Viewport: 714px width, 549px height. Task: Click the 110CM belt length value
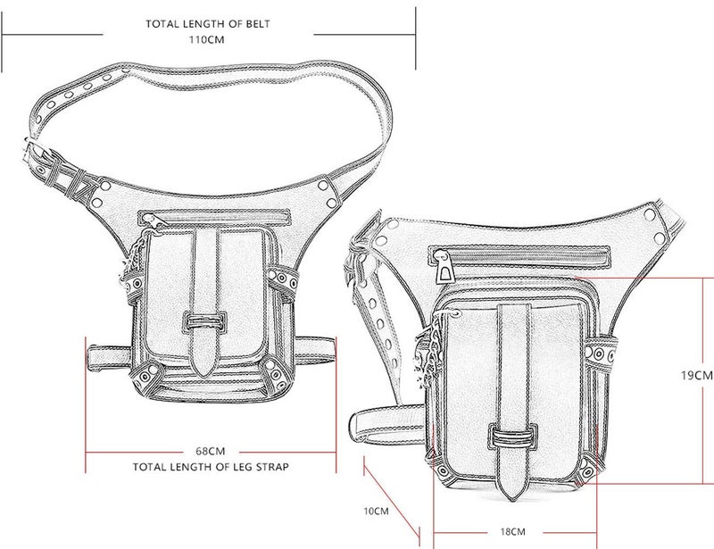pos(207,39)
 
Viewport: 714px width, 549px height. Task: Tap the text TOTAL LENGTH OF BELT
pos(208,24)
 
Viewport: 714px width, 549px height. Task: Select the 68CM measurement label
pos(211,451)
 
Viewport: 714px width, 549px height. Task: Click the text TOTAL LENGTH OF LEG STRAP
pos(211,467)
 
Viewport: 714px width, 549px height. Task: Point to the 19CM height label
pos(697,376)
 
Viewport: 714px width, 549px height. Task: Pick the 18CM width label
pos(512,532)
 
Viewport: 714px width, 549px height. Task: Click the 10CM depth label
pos(376,512)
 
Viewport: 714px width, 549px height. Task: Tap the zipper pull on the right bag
pos(444,268)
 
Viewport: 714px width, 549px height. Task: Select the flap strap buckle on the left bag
pos(205,322)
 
